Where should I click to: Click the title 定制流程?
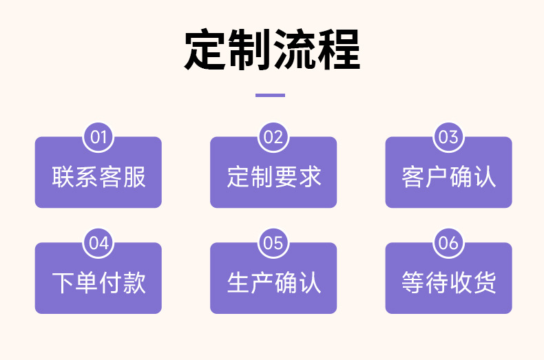pyautogui.click(x=272, y=50)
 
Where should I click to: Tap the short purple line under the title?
pyautogui.click(x=270, y=95)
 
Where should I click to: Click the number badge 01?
pyautogui.click(x=98, y=137)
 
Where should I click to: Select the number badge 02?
pyautogui.click(x=273, y=137)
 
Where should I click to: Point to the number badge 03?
pyautogui.click(x=448, y=137)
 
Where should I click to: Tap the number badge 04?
pyautogui.click(x=98, y=243)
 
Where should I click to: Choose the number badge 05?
pyautogui.click(x=273, y=243)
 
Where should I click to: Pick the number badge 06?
pyautogui.click(x=448, y=243)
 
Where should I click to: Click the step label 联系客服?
pyautogui.click(x=98, y=177)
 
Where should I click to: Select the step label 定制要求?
pyautogui.click(x=273, y=177)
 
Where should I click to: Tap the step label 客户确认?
pyautogui.click(x=448, y=177)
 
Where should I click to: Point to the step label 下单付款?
pyautogui.click(x=98, y=283)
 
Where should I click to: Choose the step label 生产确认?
pyautogui.click(x=273, y=283)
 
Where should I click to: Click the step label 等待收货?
pyautogui.click(x=448, y=283)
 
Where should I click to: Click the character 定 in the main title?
pyautogui.click(x=206, y=50)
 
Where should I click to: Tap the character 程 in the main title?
pyautogui.click(x=338, y=50)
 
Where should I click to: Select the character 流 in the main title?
pyautogui.click(x=294, y=50)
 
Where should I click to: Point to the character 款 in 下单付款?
pyautogui.click(x=134, y=283)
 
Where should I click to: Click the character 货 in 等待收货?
pyautogui.click(x=484, y=283)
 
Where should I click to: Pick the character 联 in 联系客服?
pyautogui.click(x=63, y=177)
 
